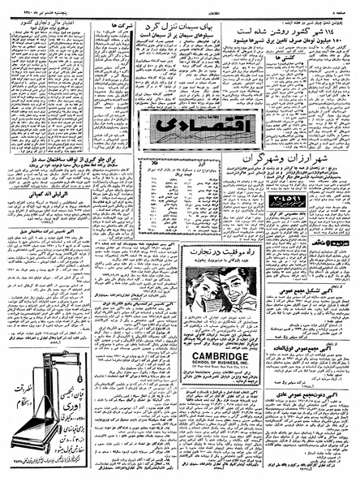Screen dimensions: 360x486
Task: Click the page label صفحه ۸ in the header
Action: tap(343, 6)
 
